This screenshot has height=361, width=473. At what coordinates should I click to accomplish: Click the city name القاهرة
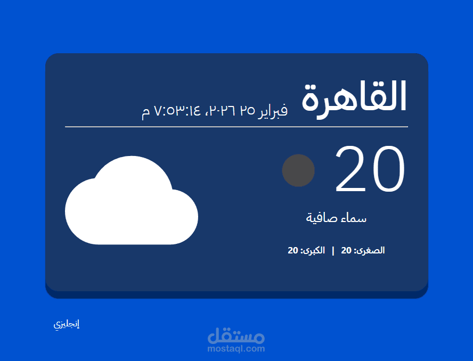(354, 97)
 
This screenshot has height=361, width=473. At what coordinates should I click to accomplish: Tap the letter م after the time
(146, 112)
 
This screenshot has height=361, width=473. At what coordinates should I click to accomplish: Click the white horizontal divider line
(237, 127)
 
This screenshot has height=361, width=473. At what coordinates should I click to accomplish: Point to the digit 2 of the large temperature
(351, 169)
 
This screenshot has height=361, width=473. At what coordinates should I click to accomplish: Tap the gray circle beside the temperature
(298, 170)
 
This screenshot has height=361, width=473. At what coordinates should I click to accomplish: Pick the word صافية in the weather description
(321, 218)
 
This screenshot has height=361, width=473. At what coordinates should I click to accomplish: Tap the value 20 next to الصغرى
(346, 250)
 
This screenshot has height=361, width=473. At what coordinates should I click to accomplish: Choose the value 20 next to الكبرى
(293, 250)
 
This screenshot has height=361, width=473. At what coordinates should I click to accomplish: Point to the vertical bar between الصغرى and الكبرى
(333, 250)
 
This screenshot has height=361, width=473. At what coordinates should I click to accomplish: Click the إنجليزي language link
(67, 324)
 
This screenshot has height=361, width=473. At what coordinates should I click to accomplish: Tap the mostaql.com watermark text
(236, 349)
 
